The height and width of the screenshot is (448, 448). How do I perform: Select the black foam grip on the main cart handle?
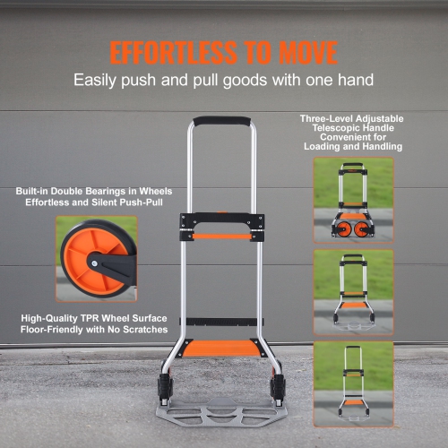click(x=222, y=121)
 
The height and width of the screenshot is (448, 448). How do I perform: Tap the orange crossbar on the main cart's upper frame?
click(x=222, y=237)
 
